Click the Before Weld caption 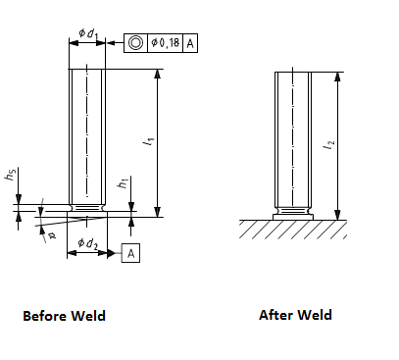(64, 316)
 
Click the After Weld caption (295, 315)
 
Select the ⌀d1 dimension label (88, 33)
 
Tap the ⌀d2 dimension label (87, 243)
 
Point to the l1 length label (149, 141)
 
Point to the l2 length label (329, 145)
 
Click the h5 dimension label (11, 176)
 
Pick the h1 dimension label (123, 184)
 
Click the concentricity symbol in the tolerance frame (135, 43)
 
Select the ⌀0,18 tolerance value (166, 43)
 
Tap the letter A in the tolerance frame (190, 43)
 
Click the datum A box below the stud (130, 253)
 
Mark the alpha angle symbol (52, 235)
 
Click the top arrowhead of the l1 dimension (158, 75)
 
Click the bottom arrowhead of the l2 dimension (338, 215)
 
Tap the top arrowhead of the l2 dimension (338, 77)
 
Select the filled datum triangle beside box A (112, 253)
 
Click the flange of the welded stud (293, 217)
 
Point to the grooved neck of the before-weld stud (87, 208)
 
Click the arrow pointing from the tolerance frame (116, 43)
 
